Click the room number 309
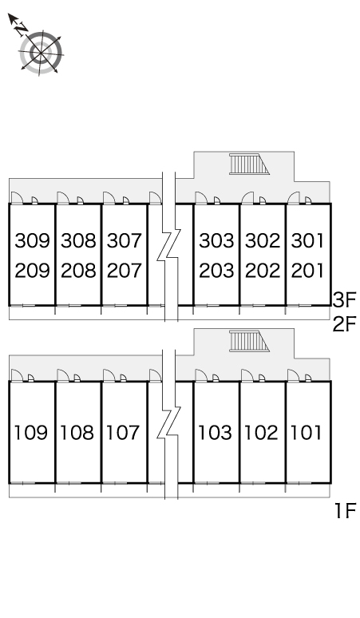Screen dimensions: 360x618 [x=32, y=240]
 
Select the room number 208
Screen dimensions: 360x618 [x=78, y=271]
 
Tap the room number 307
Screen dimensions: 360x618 [x=124, y=240]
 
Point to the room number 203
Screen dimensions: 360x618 [x=216, y=271]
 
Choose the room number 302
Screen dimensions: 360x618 [x=263, y=240]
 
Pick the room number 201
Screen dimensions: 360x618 [x=307, y=271]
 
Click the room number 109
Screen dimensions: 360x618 [x=30, y=433]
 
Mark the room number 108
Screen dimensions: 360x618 [x=77, y=433]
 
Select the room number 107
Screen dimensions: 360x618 [x=123, y=433]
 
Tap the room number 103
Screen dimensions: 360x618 [x=215, y=433]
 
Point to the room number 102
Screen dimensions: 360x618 [x=261, y=433]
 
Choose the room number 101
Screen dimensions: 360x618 [x=306, y=433]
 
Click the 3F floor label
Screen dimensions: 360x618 [x=344, y=299]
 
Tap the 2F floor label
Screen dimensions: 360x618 [x=344, y=324]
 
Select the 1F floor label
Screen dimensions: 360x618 [x=346, y=511]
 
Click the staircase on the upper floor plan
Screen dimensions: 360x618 [x=249, y=164]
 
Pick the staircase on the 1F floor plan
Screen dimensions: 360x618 [x=249, y=341]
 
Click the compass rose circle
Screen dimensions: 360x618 [x=41, y=52]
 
